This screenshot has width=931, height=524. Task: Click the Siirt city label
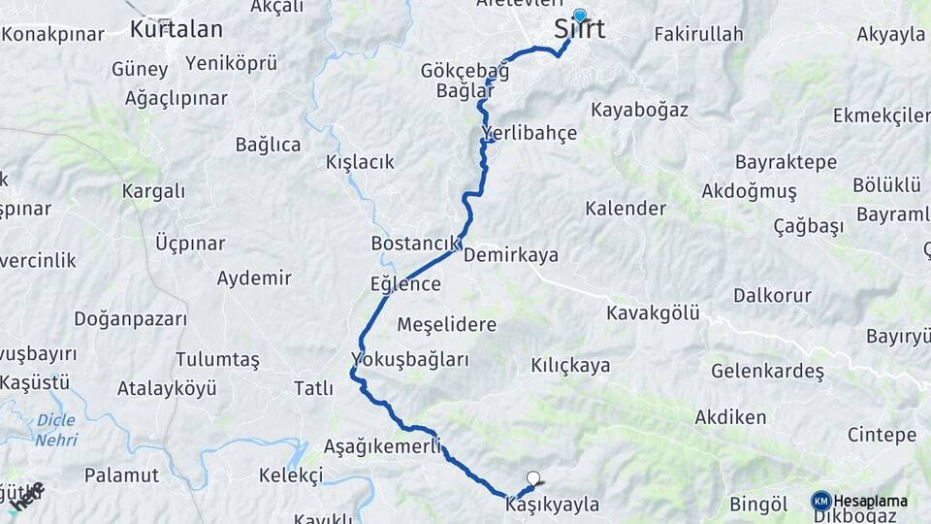[580, 30]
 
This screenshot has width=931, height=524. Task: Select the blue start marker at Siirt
[580, 16]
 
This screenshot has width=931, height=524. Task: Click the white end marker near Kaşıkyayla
[532, 477]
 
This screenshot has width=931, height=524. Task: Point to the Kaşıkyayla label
[552, 505]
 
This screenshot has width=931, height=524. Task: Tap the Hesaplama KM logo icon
[820, 501]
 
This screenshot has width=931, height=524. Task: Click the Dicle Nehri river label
[56, 430]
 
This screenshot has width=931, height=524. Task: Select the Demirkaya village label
[511, 255]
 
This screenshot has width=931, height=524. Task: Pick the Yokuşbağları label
[410, 360]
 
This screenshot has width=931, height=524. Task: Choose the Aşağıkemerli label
[382, 447]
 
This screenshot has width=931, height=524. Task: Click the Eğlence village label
[405, 284]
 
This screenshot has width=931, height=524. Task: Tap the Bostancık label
[413, 243]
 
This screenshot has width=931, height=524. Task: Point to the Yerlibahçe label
[529, 133]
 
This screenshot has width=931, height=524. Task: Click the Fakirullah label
[698, 34]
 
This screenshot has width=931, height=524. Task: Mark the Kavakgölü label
[653, 312]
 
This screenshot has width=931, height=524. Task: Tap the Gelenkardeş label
[767, 371]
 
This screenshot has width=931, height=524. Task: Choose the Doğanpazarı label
[130, 318]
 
